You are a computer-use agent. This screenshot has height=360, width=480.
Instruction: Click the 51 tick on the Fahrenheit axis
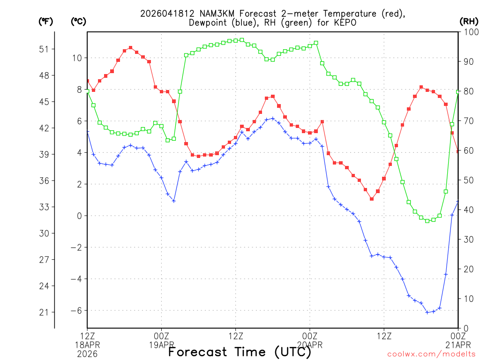click(47, 49)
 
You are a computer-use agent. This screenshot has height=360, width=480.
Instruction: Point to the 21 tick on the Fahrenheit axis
click(47, 312)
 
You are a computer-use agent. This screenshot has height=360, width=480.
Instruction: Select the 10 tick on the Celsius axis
click(77, 58)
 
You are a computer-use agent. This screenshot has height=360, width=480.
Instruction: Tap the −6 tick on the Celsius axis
click(76, 310)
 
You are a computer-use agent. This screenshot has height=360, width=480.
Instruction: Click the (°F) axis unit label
click(46, 21)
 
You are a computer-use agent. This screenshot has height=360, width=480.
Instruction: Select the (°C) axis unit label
click(78, 21)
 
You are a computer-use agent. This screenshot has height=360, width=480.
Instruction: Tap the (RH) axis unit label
click(468, 21)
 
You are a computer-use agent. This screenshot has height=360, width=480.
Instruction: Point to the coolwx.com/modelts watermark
click(431, 353)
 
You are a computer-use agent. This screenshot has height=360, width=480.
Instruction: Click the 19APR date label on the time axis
click(162, 345)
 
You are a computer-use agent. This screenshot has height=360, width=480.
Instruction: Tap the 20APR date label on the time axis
click(310, 345)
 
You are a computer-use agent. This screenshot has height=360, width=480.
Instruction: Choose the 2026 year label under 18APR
click(87, 354)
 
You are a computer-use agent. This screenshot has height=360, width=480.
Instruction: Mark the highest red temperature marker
click(130, 48)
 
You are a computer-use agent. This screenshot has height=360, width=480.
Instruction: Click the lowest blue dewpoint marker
click(427, 312)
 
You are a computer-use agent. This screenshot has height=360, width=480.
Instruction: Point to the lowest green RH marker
click(427, 220)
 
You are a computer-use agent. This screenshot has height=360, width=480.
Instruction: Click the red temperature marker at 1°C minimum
click(371, 199)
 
